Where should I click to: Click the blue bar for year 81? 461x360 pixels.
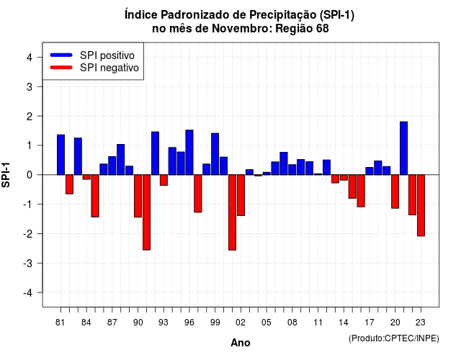pos(61,155)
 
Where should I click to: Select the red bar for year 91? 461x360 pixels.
pos(146,212)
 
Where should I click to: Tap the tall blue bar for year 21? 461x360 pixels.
pos(403,148)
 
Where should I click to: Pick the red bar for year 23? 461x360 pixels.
pos(421,205)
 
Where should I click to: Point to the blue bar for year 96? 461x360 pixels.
pos(189,152)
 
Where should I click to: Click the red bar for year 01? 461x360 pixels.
pos(232,212)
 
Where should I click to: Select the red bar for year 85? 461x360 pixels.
pos(95,196)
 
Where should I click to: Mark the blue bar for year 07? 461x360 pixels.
pos(284,163)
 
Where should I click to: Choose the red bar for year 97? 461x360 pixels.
pos(198,194)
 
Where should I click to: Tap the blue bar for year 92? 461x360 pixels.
pos(156,153)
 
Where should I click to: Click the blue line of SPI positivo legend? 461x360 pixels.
pos(61,55)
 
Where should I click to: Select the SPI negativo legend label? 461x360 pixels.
pos(109,68)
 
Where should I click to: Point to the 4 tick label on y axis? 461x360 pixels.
pos(30,58)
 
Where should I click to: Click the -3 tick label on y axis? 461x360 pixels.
pos(28,264)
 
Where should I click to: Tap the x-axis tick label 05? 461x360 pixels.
pos(267,323)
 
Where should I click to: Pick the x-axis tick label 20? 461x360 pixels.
pos(395,323)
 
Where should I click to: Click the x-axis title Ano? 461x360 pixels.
pos(241,343)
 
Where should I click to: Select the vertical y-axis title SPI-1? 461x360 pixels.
pos(6,175)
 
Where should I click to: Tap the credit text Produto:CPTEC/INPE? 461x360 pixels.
pos(394,338)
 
